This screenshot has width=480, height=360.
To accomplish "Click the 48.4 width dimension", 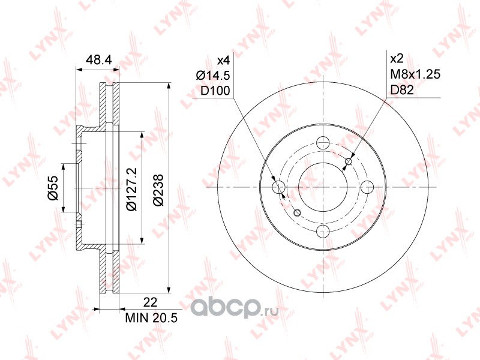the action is tap(96, 59).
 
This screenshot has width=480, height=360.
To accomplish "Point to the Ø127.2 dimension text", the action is tap(131, 189).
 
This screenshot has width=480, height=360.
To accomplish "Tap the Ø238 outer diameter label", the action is tap(158, 190).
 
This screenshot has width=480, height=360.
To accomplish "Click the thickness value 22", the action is tap(150, 302).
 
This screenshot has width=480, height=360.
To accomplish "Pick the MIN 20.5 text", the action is tap(151, 318).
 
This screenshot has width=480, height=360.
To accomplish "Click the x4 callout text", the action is tap(223, 61).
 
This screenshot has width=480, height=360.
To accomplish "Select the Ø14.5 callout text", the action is tap(213, 76).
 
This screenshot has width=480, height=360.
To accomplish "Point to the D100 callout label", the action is tap(215, 91).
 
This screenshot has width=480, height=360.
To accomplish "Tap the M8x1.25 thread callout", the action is tap(415, 74).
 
